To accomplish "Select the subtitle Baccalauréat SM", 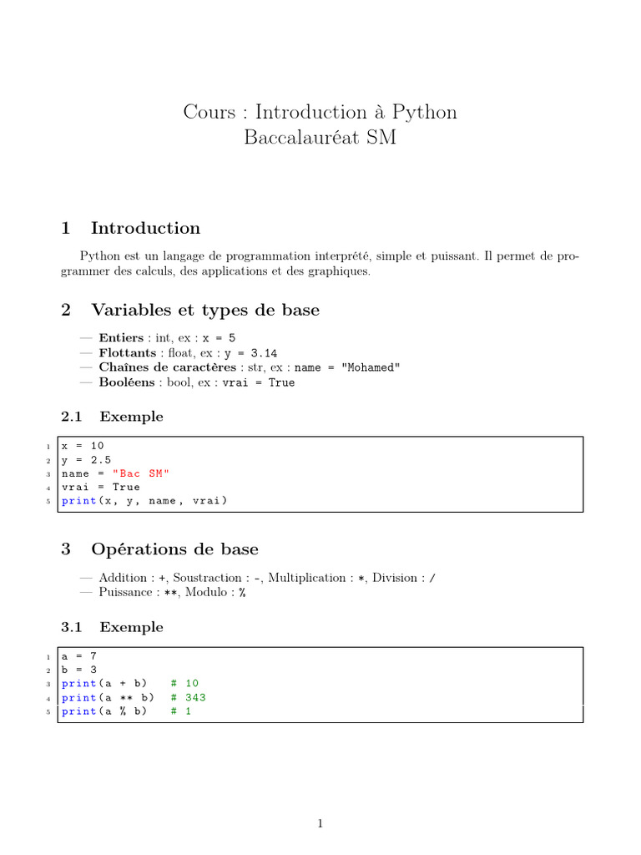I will pyautogui.click(x=320, y=138).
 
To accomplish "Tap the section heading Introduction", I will pyautogui.click(x=145, y=228).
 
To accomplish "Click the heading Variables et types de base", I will pyautogui.click(x=204, y=310).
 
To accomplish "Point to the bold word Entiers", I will pyautogui.click(x=121, y=338).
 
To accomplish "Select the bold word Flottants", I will pyautogui.click(x=126, y=353).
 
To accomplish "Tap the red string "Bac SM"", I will pyautogui.click(x=139, y=473).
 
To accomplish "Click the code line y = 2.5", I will pyautogui.click(x=86, y=459).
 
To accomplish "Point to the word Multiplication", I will pyautogui.click(x=306, y=578).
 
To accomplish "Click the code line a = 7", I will pyautogui.click(x=79, y=655).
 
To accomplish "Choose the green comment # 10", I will pyautogui.click(x=184, y=683).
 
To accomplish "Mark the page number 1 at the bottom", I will pyautogui.click(x=320, y=824).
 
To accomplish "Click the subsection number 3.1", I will pyautogui.click(x=73, y=627).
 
